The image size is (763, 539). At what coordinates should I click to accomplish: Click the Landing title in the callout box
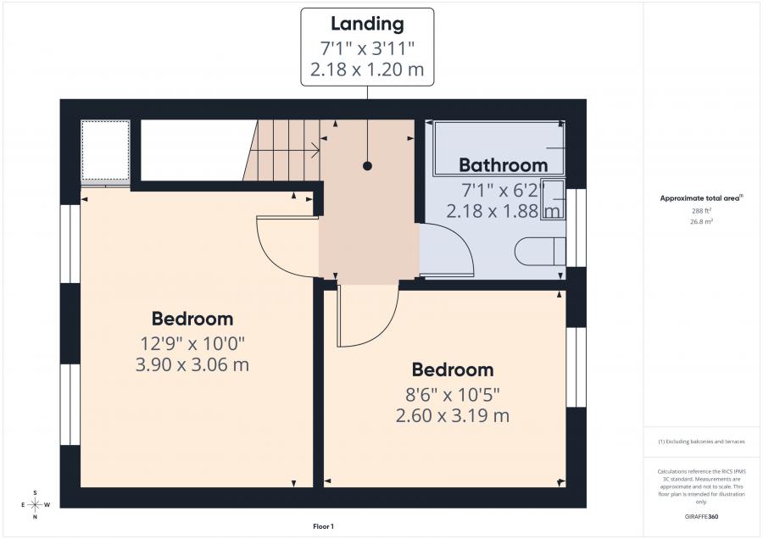coord(367,25)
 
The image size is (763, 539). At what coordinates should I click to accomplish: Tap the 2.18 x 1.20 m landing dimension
coord(367,69)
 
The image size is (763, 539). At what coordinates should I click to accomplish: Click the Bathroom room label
coord(503,164)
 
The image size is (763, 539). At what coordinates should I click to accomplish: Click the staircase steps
coord(284,150)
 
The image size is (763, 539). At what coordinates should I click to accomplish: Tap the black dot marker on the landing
coord(368,166)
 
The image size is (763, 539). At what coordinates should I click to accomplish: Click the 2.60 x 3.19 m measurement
coord(452,415)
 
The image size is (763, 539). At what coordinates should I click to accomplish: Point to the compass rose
coord(35,504)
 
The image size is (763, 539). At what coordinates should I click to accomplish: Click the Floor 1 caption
coord(323,527)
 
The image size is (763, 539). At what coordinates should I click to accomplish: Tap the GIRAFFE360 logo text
coord(700,516)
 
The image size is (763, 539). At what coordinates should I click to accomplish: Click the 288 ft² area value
coord(700,210)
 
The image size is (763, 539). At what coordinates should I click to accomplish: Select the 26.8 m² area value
coord(700,221)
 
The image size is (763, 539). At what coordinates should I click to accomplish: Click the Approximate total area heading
coord(700,198)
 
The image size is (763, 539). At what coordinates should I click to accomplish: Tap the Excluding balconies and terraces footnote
coord(700,442)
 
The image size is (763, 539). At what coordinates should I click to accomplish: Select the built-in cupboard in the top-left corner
coord(105,151)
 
